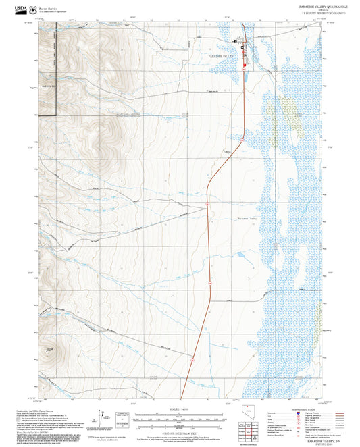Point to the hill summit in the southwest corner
coord(51,349)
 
